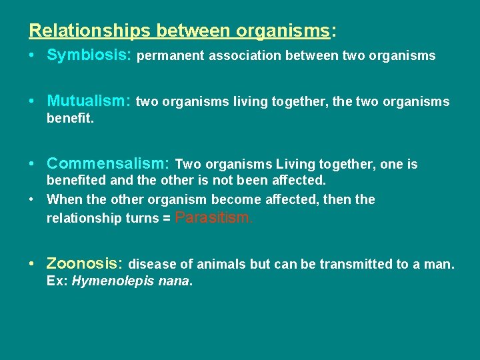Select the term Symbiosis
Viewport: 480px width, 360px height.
coord(89,55)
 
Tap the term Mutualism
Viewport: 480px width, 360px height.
coord(89,101)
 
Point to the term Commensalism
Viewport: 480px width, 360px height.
coord(109,163)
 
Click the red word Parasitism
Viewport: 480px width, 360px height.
coord(213,217)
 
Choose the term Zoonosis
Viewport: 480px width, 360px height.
coord(84,263)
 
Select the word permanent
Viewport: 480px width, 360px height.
coord(171,56)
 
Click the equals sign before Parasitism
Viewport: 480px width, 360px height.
coord(165,219)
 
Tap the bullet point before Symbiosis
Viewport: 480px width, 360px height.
coord(33,55)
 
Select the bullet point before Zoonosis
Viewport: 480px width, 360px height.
coord(33,263)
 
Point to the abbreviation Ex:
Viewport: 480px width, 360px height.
coord(57,281)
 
